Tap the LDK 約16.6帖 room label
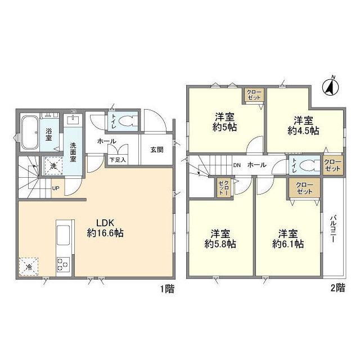coord(105,227)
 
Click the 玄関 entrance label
coord(156,150)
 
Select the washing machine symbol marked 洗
coord(51,166)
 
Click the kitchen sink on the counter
coord(62,234)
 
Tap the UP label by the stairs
coord(55,188)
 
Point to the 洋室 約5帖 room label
coord(225,122)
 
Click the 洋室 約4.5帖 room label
coord(304,125)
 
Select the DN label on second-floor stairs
coord(236,165)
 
